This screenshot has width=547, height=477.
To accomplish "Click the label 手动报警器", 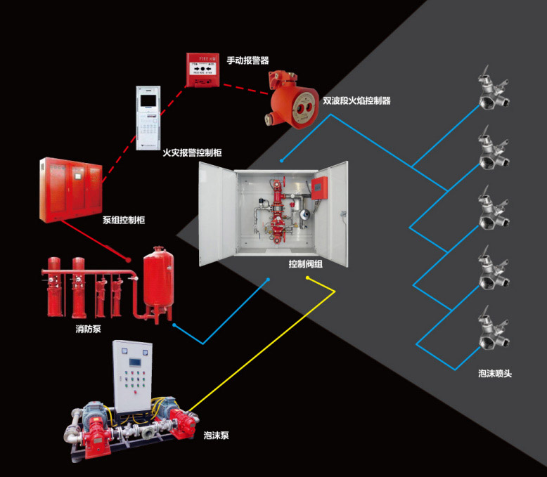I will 247,61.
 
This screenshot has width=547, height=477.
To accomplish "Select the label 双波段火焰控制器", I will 356,100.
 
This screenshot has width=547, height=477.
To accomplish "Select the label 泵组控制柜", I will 124,220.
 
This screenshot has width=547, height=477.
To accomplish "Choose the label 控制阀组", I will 305,264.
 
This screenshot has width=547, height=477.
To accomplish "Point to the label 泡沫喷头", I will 494,373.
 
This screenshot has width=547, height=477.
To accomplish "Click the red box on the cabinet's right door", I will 321,185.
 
